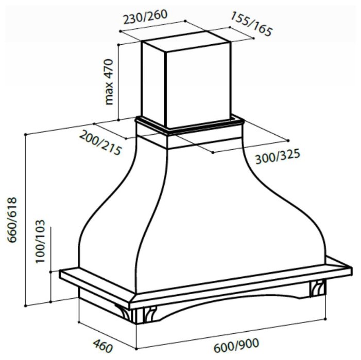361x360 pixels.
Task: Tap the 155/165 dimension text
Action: click(x=251, y=24)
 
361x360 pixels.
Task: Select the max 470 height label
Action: click(x=109, y=82)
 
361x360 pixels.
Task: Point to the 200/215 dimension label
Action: click(x=100, y=142)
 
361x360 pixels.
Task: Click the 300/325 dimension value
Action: click(x=278, y=156)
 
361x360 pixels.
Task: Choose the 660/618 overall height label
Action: click(x=12, y=220)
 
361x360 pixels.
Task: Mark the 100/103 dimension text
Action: click(x=40, y=241)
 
